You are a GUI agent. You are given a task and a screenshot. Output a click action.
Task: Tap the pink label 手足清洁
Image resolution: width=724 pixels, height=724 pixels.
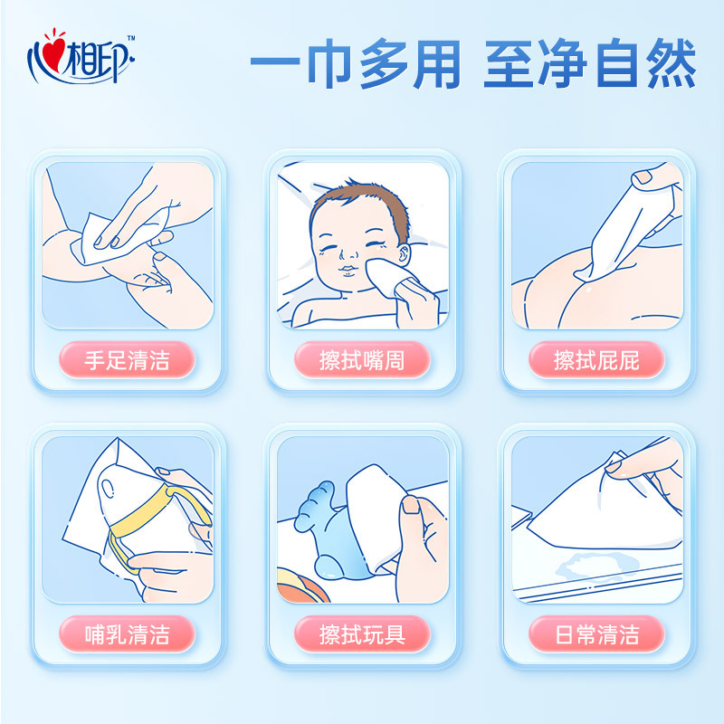coord(127,360)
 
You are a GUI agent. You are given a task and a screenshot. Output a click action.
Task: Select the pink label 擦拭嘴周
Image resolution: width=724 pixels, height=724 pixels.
coord(362,360)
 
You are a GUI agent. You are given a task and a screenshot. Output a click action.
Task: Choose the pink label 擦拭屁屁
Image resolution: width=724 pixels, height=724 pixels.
coord(596,360)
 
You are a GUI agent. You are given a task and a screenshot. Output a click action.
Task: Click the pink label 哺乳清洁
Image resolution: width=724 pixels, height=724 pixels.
coord(127,634)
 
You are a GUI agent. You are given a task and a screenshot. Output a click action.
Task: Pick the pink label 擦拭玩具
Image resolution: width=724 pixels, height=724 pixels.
coord(362,634)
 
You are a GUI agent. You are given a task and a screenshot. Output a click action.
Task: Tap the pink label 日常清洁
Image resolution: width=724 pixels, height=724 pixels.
coord(596,634)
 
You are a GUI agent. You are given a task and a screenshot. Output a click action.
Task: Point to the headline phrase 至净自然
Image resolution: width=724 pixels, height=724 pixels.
coord(589,64)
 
